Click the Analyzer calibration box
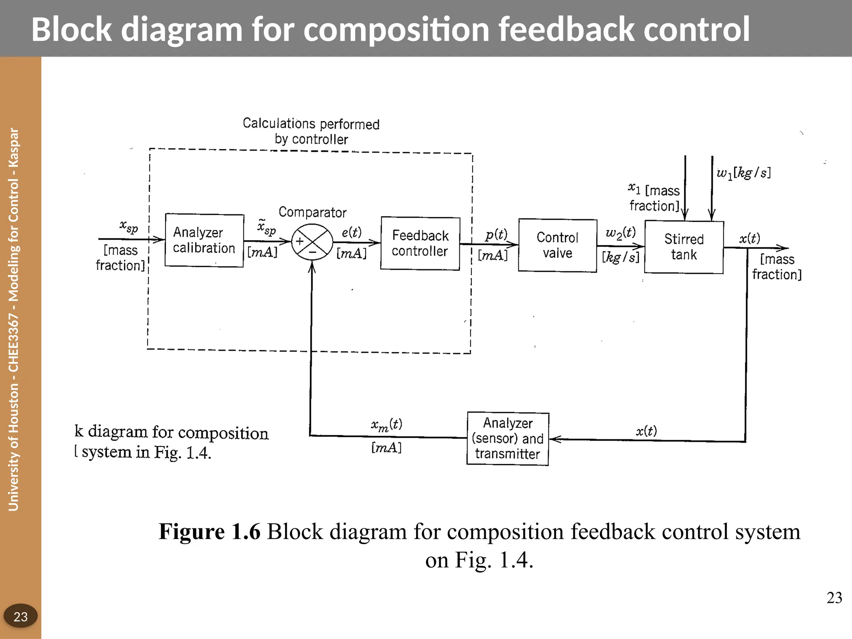point(204,240)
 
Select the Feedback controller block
point(420,243)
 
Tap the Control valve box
point(557,245)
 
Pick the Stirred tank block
point(684,247)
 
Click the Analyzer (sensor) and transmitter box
point(508,438)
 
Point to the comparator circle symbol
point(312,242)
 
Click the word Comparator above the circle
point(312,212)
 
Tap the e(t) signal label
point(352,232)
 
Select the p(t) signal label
point(496,235)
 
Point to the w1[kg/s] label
point(743,172)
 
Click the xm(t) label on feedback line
point(386,424)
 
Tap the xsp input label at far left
point(129,227)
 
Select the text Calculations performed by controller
point(311,131)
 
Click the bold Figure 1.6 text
point(209,531)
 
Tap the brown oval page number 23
point(20,616)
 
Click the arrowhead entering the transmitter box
point(555,439)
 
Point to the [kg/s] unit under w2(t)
point(620,257)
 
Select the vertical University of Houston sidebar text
point(14,319)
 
